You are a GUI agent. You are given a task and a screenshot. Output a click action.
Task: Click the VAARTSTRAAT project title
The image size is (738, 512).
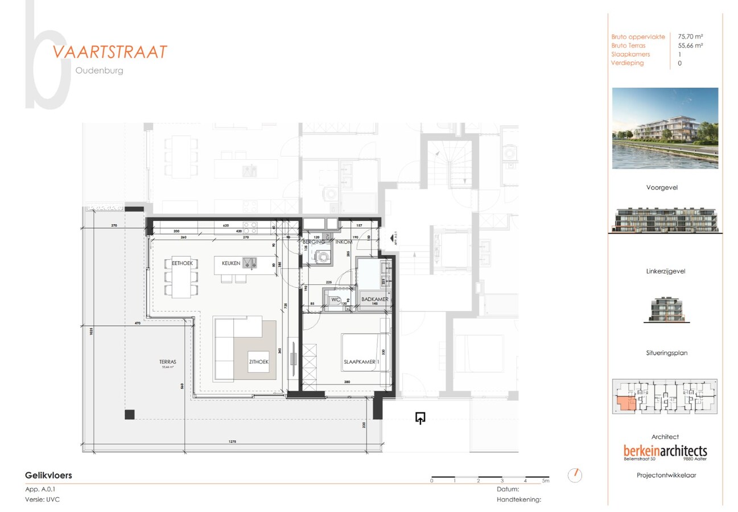coord(110,52)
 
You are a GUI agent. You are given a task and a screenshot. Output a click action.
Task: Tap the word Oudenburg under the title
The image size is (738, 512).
coord(99,71)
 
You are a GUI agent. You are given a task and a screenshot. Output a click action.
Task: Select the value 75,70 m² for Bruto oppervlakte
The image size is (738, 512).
coord(690,36)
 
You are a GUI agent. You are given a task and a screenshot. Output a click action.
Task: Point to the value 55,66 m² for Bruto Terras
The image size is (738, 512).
coord(690,46)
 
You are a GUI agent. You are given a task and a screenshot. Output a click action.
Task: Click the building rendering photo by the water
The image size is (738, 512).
coord(665,128)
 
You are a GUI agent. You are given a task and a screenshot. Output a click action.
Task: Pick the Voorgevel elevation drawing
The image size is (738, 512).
coord(665,221)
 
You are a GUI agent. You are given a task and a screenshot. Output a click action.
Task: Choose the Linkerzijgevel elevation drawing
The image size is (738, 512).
coord(665,309)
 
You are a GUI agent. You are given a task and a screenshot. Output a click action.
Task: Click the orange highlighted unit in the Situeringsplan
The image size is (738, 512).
coord(626,404)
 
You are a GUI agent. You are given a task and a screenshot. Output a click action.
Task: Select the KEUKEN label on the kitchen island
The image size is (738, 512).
coord(231,263)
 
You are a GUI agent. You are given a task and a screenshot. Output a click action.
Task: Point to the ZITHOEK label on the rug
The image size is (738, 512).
coord(258,361)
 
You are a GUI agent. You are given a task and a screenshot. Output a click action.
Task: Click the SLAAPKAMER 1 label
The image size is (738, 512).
coord(361,361)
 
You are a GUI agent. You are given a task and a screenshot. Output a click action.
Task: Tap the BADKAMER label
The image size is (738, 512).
coord(374,299)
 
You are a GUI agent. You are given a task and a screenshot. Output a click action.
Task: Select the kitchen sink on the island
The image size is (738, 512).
coord(250,262)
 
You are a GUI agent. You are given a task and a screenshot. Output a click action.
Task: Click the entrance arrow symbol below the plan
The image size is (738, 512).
coord(420,419)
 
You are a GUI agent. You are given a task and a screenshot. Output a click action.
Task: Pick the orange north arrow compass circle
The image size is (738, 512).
coord(575,474)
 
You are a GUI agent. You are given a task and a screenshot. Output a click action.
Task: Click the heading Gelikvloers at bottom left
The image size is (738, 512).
coord(48,475)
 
